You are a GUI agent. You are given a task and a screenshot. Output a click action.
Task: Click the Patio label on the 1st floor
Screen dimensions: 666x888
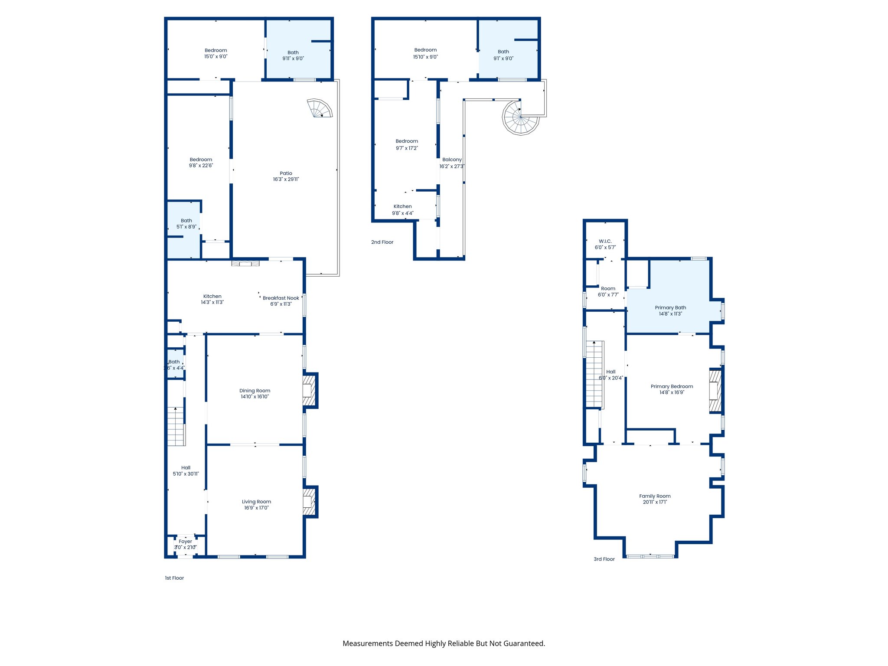(286, 173)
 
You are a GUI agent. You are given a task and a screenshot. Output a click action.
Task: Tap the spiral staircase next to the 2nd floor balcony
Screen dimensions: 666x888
(520, 118)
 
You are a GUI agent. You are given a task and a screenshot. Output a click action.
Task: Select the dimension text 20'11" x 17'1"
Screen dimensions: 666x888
(655, 502)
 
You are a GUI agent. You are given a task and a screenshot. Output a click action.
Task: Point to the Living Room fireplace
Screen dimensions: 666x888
(309, 502)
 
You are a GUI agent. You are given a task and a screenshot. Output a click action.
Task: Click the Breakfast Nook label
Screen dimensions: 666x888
(281, 298)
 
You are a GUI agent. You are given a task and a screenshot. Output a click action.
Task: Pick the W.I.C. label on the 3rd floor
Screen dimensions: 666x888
(605, 241)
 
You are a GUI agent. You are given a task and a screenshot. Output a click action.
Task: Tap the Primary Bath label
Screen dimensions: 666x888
(670, 307)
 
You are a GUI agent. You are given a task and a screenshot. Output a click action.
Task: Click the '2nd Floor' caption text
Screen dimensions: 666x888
(382, 242)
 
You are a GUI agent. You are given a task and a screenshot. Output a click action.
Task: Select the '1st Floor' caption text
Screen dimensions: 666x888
(174, 578)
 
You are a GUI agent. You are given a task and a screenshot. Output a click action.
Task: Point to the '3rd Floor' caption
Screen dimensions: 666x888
(604, 559)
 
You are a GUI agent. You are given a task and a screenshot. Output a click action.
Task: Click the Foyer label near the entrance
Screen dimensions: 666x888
(185, 541)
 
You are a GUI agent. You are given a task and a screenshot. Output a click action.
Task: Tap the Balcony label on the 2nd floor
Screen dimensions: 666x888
(452, 160)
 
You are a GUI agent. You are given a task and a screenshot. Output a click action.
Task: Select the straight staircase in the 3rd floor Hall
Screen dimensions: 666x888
(594, 374)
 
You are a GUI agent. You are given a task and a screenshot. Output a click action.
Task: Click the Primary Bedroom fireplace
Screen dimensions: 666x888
(715, 390)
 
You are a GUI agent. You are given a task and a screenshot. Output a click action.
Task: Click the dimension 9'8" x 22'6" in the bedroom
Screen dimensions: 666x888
(201, 166)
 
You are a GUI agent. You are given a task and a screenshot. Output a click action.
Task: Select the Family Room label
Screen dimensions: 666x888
(655, 496)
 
